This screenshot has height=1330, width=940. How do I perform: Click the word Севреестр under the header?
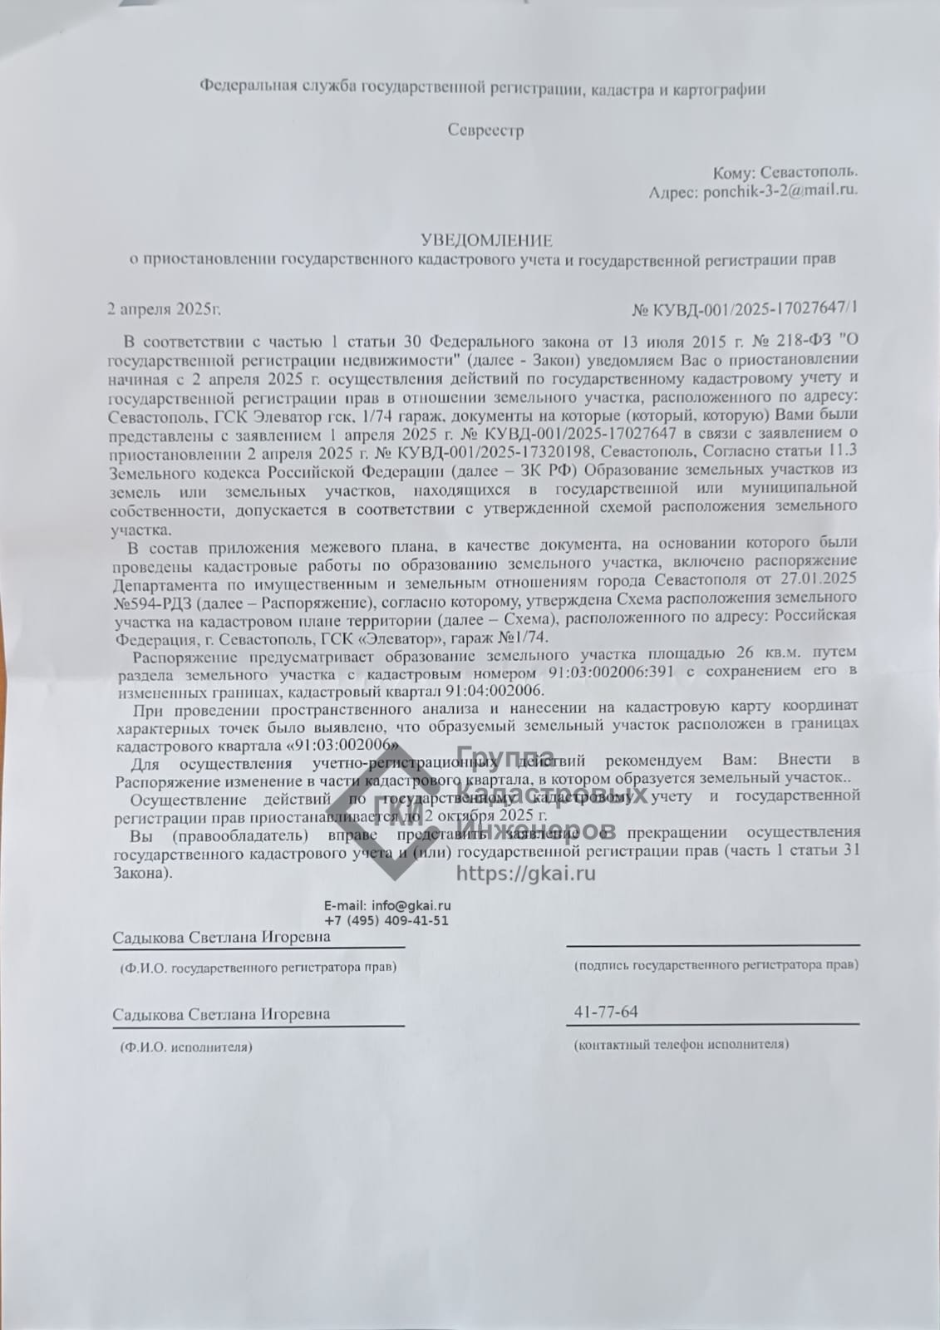click(x=485, y=131)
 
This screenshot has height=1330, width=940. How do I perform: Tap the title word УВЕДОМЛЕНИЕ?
click(x=485, y=241)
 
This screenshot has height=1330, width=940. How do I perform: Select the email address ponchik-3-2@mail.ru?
click(x=780, y=190)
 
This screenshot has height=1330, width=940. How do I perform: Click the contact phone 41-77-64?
click(x=606, y=1012)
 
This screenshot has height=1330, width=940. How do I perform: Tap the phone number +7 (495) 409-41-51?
click(x=386, y=921)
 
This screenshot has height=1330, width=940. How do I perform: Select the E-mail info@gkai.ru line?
click(x=387, y=906)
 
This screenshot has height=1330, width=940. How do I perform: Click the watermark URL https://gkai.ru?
click(x=526, y=874)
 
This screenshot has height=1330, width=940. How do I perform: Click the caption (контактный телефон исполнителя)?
click(x=682, y=1044)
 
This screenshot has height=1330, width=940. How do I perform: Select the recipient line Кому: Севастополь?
click(x=785, y=172)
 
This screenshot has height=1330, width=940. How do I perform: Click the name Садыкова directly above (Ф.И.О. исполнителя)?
click(x=148, y=1014)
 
